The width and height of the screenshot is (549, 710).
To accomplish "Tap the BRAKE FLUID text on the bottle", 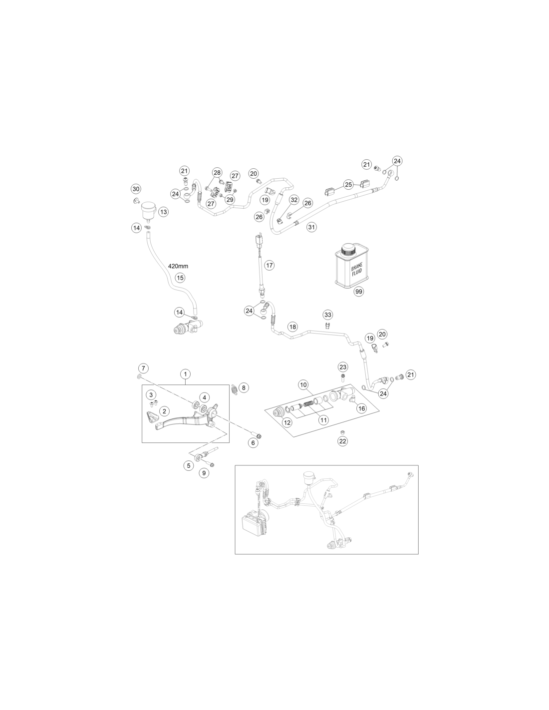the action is click(x=357, y=270).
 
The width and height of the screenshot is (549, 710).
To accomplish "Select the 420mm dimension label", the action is click(x=178, y=266).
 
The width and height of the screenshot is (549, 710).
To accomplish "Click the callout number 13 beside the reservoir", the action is click(x=164, y=212).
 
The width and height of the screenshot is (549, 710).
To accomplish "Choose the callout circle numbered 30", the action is click(x=136, y=189).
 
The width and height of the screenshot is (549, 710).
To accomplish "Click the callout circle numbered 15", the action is click(x=180, y=278).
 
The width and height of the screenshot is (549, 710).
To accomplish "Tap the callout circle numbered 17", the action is click(x=270, y=265).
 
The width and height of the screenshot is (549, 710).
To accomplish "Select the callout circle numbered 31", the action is click(x=311, y=227).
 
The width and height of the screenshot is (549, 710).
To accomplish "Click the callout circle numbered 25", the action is click(x=348, y=184).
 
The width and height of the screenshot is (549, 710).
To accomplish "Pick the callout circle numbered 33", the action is click(x=327, y=315).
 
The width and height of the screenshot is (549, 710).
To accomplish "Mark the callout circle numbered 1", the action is click(x=185, y=374).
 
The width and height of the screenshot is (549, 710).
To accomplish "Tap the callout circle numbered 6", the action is click(x=253, y=443).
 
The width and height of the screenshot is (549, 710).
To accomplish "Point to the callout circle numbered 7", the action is click(x=143, y=368).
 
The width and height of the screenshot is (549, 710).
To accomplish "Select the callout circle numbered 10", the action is click(x=303, y=384).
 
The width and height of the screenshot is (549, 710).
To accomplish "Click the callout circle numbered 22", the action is click(x=342, y=441).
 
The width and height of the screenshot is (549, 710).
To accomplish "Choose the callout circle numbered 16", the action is click(x=361, y=408).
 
